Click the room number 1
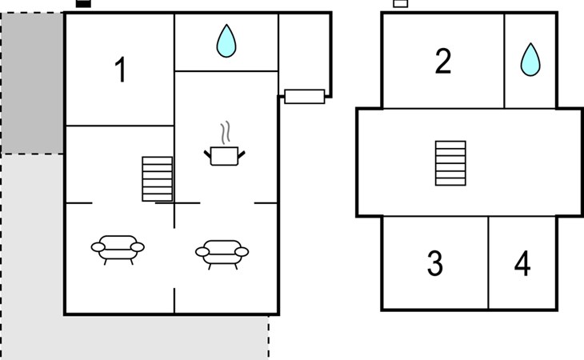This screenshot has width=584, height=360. (x=120, y=70)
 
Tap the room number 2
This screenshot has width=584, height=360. (x=443, y=61)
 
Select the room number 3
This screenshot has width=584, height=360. (x=435, y=263)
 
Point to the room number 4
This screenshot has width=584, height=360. (x=522, y=263)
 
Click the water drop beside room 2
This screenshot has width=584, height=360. (x=530, y=59)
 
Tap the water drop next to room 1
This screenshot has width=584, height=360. (x=226, y=41)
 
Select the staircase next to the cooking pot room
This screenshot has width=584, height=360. (x=157, y=179)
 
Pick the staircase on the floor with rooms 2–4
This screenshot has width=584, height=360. (x=450, y=163)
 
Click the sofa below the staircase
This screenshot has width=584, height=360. (x=118, y=249)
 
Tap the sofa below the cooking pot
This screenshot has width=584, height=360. (x=222, y=254)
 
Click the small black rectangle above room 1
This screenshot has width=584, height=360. (x=83, y=4)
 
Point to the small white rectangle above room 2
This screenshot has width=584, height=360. (x=401, y=4)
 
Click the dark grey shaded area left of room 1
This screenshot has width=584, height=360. (x=32, y=83)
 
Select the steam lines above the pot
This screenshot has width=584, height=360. (x=225, y=133)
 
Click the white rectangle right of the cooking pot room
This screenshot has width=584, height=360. (x=305, y=97)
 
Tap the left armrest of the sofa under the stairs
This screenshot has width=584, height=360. (x=98, y=247)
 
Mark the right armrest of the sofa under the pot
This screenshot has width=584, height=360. (x=242, y=252)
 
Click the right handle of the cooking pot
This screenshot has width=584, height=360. (x=242, y=154)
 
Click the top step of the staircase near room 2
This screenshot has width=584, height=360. (x=450, y=145)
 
